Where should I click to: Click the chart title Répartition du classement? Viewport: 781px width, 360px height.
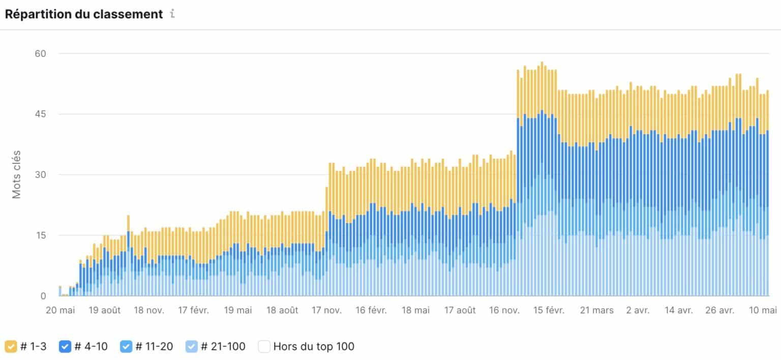click(83, 14)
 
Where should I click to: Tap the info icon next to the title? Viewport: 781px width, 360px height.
click(172, 14)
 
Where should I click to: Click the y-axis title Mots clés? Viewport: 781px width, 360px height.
click(17, 174)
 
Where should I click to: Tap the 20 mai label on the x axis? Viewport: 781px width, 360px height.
click(60, 310)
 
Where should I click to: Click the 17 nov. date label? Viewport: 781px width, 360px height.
click(327, 310)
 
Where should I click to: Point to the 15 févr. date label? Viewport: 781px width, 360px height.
click(548, 310)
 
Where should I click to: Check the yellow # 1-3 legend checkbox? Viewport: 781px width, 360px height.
click(10, 347)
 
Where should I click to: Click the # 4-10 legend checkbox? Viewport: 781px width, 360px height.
click(65, 347)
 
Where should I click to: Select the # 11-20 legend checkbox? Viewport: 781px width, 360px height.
click(126, 347)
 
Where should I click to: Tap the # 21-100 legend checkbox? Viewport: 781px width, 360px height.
click(192, 347)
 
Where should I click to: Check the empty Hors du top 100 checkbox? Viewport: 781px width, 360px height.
click(264, 347)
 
